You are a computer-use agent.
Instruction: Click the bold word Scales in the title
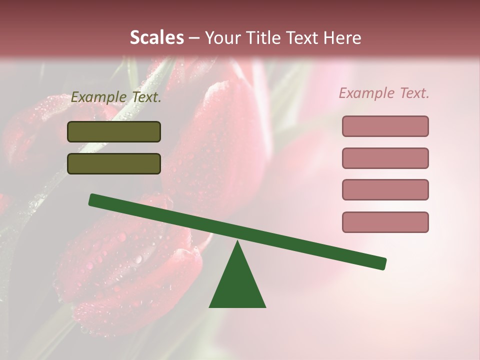pos(156,37)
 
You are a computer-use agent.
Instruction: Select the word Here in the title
pos(342,37)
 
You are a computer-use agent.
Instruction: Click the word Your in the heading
pos(223,37)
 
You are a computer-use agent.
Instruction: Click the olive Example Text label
pos(116,97)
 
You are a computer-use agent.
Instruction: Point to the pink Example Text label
pos(384,93)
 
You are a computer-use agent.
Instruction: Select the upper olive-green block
pos(114,132)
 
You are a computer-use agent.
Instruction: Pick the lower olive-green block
pos(114,164)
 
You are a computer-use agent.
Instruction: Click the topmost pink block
pos(385,126)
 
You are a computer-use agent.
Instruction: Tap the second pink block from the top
pos(385,158)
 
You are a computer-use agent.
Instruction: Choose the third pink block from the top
pos(385,190)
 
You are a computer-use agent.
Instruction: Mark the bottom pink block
pos(385,222)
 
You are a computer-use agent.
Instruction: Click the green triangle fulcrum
pos(237,285)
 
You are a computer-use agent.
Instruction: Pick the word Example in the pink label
pos(366,93)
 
